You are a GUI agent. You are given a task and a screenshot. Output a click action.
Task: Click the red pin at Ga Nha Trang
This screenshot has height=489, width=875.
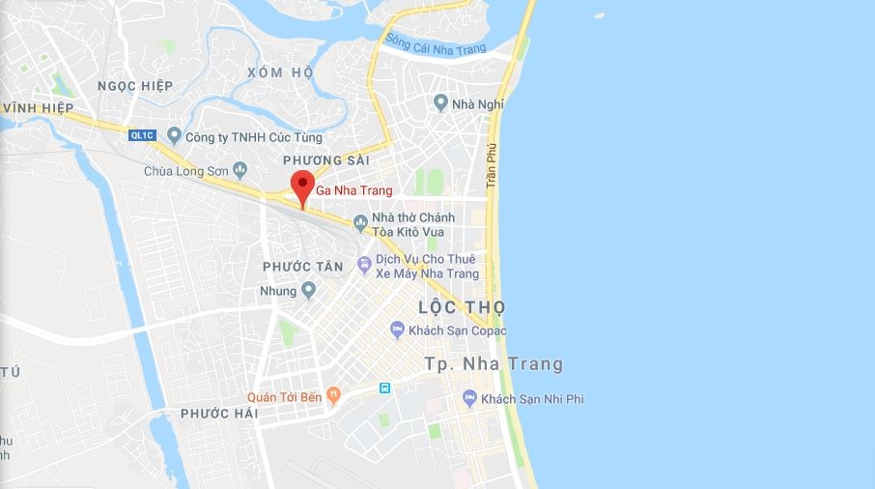point(302,184)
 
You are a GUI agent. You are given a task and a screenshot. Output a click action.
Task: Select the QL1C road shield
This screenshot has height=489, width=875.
point(142,135)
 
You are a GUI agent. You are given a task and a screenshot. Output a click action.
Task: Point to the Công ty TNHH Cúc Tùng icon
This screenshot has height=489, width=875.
point(174,136)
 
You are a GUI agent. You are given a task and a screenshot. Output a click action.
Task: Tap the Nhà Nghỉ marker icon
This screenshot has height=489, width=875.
point(440,102)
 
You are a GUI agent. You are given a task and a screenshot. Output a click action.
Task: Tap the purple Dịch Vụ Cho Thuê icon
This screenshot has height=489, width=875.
point(364,264)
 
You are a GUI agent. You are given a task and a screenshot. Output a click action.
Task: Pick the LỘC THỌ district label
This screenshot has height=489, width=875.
point(462,307)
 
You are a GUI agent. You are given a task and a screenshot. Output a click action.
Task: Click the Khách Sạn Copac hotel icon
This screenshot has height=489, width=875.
point(397,331)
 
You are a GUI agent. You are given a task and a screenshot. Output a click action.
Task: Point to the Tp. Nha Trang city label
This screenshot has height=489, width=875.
point(494,364)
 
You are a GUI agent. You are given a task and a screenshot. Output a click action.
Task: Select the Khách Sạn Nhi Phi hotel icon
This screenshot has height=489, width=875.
point(469,398)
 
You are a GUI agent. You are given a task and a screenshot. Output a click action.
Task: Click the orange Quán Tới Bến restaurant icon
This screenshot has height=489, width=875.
point(333,394)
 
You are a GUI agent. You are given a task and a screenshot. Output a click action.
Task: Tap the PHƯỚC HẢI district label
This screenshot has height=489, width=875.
point(219,414)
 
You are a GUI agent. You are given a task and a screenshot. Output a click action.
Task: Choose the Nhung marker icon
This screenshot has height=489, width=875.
point(308,290)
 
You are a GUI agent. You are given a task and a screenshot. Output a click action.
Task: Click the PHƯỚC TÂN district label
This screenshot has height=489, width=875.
point(302,266)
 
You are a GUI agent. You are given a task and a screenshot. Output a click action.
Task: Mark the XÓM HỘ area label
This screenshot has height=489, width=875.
point(280,72)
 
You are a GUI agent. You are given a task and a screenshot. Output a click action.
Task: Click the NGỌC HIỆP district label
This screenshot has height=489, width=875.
point(134,86)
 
